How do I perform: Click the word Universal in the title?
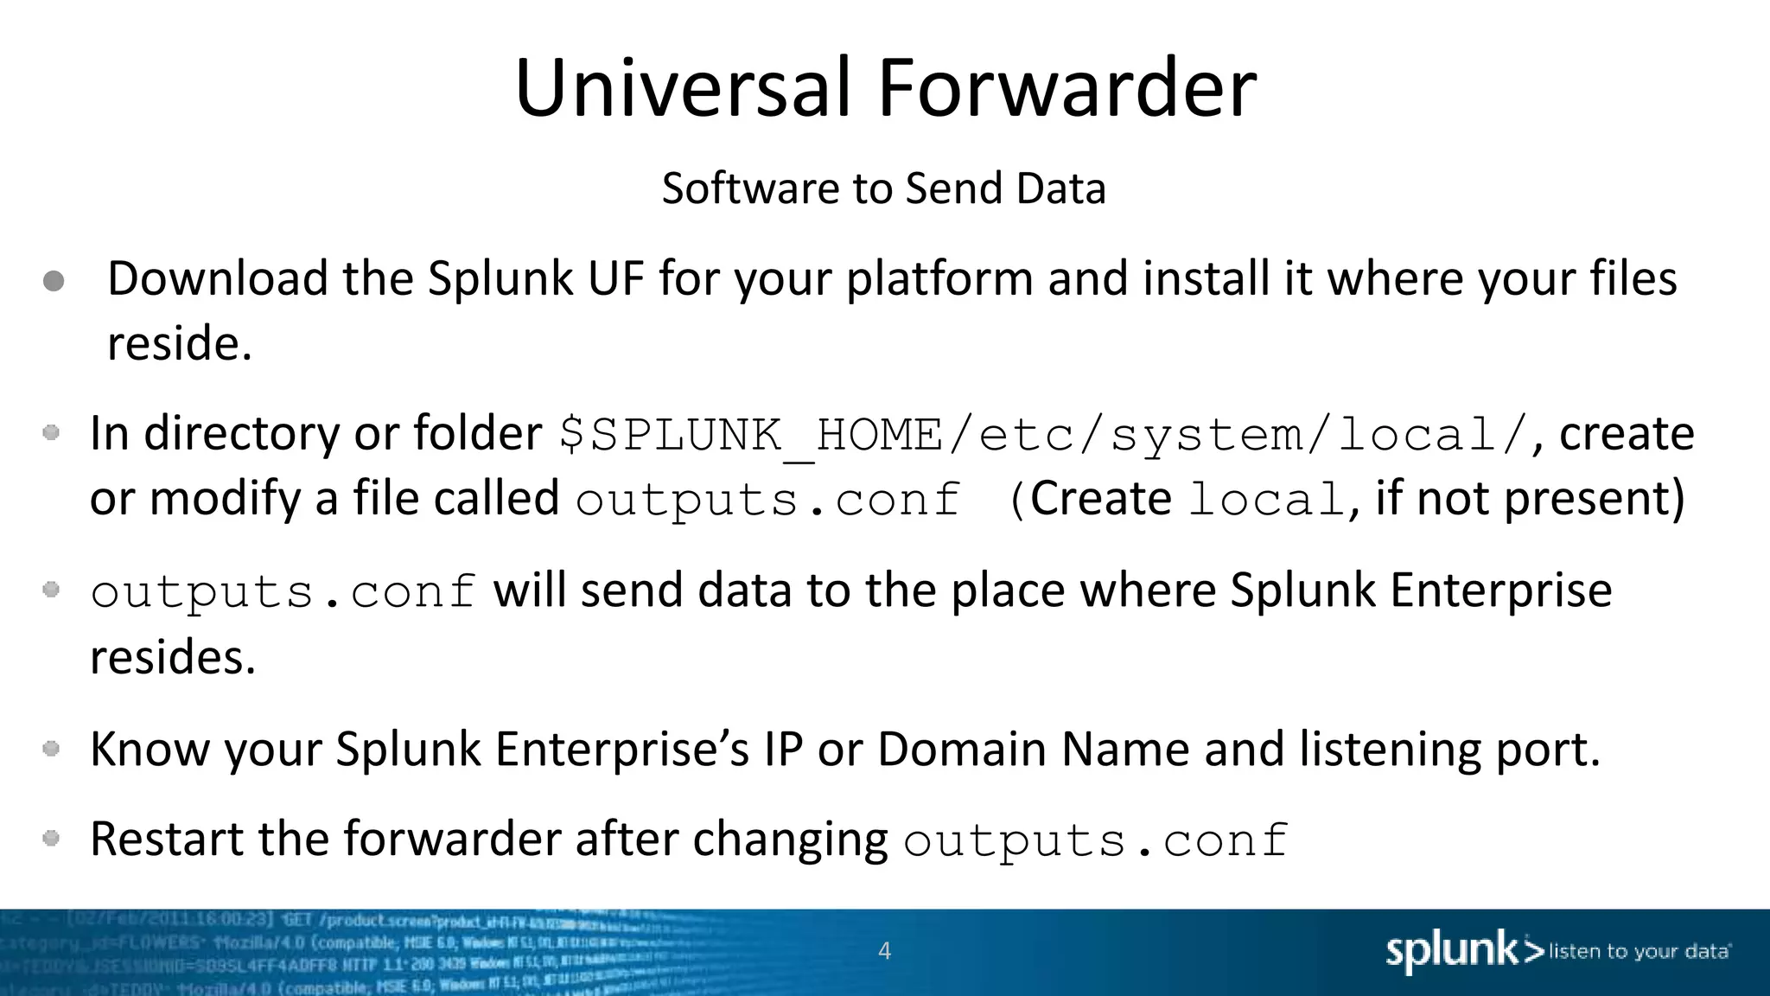click(683, 88)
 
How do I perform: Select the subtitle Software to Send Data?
click(883, 188)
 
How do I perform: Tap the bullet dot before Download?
click(54, 281)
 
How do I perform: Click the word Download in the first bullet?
click(217, 279)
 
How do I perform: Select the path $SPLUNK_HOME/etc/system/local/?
click(1044, 435)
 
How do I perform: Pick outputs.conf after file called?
click(767, 501)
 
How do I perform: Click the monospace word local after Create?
click(1266, 501)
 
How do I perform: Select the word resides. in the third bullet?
click(173, 657)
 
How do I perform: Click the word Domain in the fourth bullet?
click(962, 749)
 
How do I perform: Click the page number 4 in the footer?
click(884, 951)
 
